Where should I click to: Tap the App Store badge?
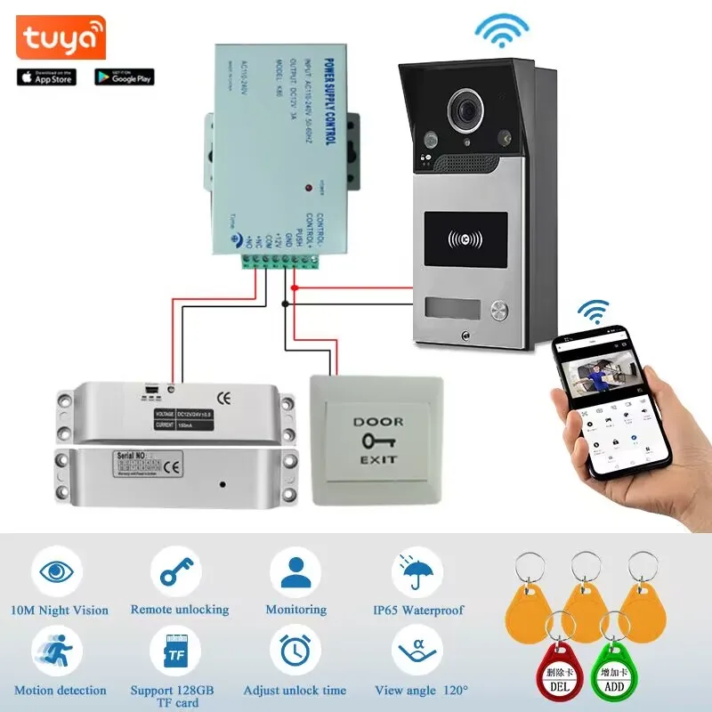pos(47,77)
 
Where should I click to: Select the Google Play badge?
pos(125,77)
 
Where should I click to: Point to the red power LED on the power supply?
pos(308,188)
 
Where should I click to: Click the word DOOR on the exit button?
pos(377,421)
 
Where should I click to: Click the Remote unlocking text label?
pos(180,610)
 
